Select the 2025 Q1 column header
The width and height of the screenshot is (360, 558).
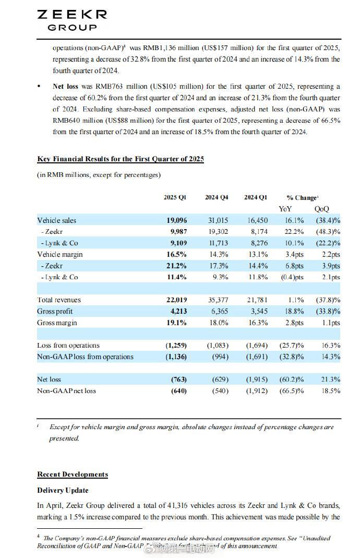point(175,197)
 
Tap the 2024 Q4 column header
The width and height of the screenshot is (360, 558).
point(216,197)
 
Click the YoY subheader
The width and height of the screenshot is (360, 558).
point(285,209)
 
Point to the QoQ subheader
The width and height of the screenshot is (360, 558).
point(321,209)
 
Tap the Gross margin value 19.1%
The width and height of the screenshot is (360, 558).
point(178,323)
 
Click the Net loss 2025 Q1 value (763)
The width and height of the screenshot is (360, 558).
point(178,379)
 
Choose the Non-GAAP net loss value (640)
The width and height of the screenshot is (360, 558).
point(178,390)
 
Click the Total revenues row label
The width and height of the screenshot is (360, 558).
point(59,300)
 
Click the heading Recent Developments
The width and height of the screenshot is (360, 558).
point(73,474)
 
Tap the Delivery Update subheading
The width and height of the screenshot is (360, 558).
point(63,490)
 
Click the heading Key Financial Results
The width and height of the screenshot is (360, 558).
point(121,159)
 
